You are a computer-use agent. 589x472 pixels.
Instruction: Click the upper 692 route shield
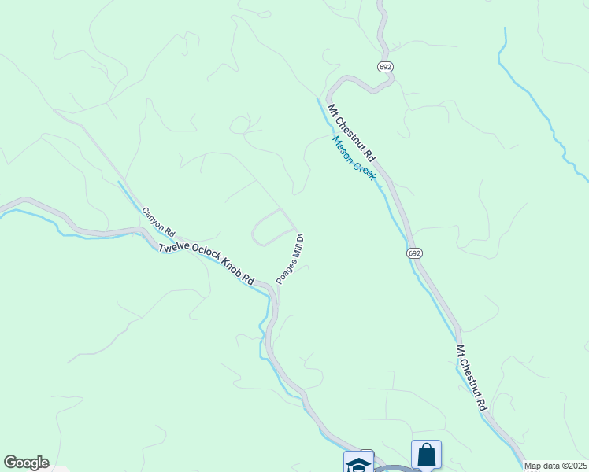click(x=385, y=67)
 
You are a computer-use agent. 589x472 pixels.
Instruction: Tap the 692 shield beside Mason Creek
click(x=415, y=253)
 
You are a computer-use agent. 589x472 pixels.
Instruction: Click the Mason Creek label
click(x=354, y=157)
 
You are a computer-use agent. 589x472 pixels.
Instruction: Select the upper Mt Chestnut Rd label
click(x=353, y=135)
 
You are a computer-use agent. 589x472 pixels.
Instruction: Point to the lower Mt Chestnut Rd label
click(x=472, y=378)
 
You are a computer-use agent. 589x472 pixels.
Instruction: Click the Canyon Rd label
click(x=157, y=223)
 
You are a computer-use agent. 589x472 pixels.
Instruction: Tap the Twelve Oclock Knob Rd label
click(x=206, y=263)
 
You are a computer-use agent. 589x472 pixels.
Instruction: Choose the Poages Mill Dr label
click(x=290, y=258)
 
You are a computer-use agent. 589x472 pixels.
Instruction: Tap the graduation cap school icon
click(x=357, y=463)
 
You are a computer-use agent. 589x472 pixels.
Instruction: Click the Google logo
click(x=26, y=463)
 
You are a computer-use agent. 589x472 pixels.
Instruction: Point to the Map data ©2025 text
click(x=556, y=466)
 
